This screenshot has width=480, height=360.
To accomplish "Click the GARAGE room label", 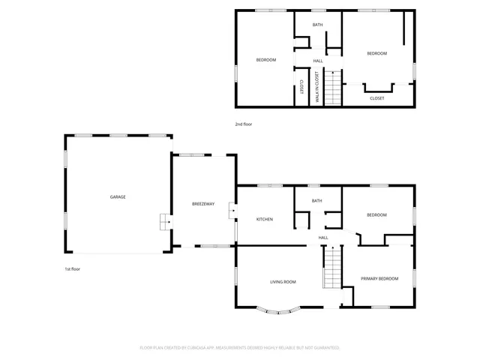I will (118, 196).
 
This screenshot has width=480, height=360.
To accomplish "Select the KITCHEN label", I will (265, 219).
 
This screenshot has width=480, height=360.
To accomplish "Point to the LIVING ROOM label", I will (283, 282).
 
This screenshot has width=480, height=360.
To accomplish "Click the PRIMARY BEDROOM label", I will (379, 278).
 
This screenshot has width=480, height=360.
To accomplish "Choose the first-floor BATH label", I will (317, 200).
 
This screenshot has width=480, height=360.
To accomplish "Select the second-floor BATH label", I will (317, 25).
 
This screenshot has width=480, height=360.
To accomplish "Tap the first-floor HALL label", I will (323, 238).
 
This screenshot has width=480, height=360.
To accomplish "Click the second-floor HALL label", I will (318, 61).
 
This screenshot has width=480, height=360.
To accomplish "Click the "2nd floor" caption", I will (244, 124).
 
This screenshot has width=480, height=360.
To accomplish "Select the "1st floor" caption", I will (72, 268).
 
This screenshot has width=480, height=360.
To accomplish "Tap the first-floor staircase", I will (332, 268).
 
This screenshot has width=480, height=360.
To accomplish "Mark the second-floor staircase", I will (333, 87).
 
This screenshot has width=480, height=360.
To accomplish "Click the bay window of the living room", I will (279, 308).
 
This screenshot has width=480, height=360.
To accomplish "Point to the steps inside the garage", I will (163, 223).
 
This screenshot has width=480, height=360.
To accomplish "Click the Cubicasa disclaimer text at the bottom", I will (240, 347).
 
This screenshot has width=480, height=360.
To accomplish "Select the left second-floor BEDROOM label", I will (266, 60).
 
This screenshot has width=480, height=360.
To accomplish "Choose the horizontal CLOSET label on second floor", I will (377, 97).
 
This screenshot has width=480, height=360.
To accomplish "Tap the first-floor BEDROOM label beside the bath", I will (376, 215).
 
